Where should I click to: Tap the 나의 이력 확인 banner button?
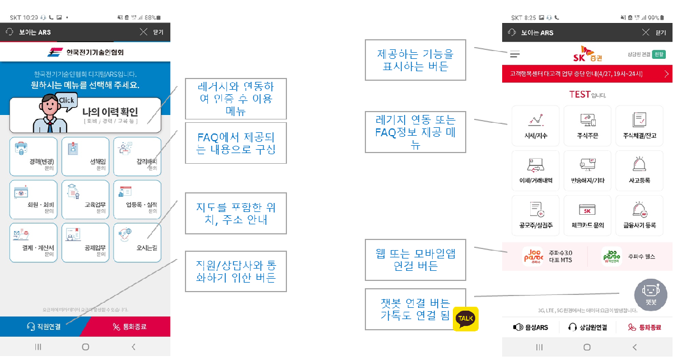[x=85, y=114]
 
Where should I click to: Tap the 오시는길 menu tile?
[x=137, y=242]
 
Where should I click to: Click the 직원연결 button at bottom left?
[x=43, y=326]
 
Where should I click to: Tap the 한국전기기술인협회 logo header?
[x=85, y=53]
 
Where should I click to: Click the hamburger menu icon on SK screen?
[x=514, y=55]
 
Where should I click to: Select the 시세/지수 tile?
[x=535, y=126]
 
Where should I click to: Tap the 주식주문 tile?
[x=587, y=126]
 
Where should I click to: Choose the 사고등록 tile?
[x=639, y=170]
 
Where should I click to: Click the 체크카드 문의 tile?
[x=587, y=216]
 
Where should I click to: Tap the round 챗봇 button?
[x=650, y=294]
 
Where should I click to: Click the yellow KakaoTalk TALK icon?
[x=466, y=319]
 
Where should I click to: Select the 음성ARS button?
[x=530, y=327]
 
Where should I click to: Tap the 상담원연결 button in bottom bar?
[x=587, y=327]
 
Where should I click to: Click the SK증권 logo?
[x=587, y=54]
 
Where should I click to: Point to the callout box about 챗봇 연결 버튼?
[x=415, y=309]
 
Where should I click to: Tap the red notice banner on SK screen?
[x=587, y=74]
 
